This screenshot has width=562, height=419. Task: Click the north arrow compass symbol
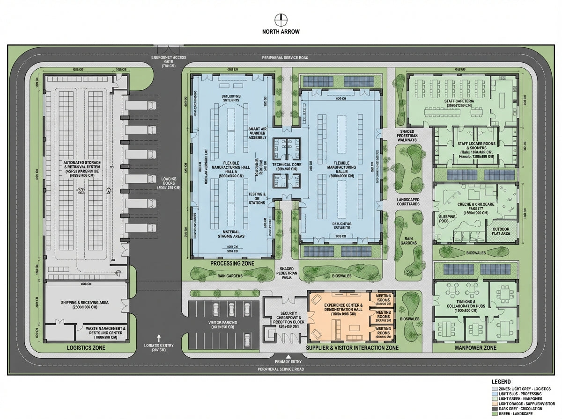pyautogui.click(x=281, y=20)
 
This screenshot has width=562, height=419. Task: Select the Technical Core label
pyautogui.click(x=286, y=165)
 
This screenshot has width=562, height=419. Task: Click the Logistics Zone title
pyautogui.click(x=86, y=348)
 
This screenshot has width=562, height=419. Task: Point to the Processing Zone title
pyautogui.click(x=232, y=264)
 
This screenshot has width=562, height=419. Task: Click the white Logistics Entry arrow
pyautogui.click(x=159, y=337)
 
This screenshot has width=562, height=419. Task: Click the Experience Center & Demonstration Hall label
pyautogui.click(x=339, y=310)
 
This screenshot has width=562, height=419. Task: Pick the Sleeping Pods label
pyautogui.click(x=448, y=219)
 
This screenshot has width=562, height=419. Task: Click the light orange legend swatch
pyautogui.click(x=495, y=403)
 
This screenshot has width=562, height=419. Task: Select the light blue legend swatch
pyautogui.click(x=495, y=393)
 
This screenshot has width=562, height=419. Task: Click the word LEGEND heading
pyautogui.click(x=501, y=382)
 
